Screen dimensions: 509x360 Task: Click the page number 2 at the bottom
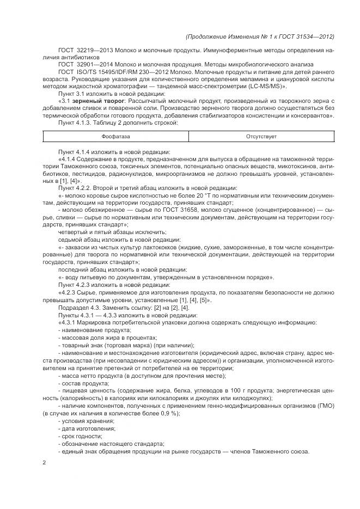point(45,463)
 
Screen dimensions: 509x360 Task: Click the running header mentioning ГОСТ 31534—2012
point(260,36)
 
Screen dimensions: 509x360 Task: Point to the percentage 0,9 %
point(156,414)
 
